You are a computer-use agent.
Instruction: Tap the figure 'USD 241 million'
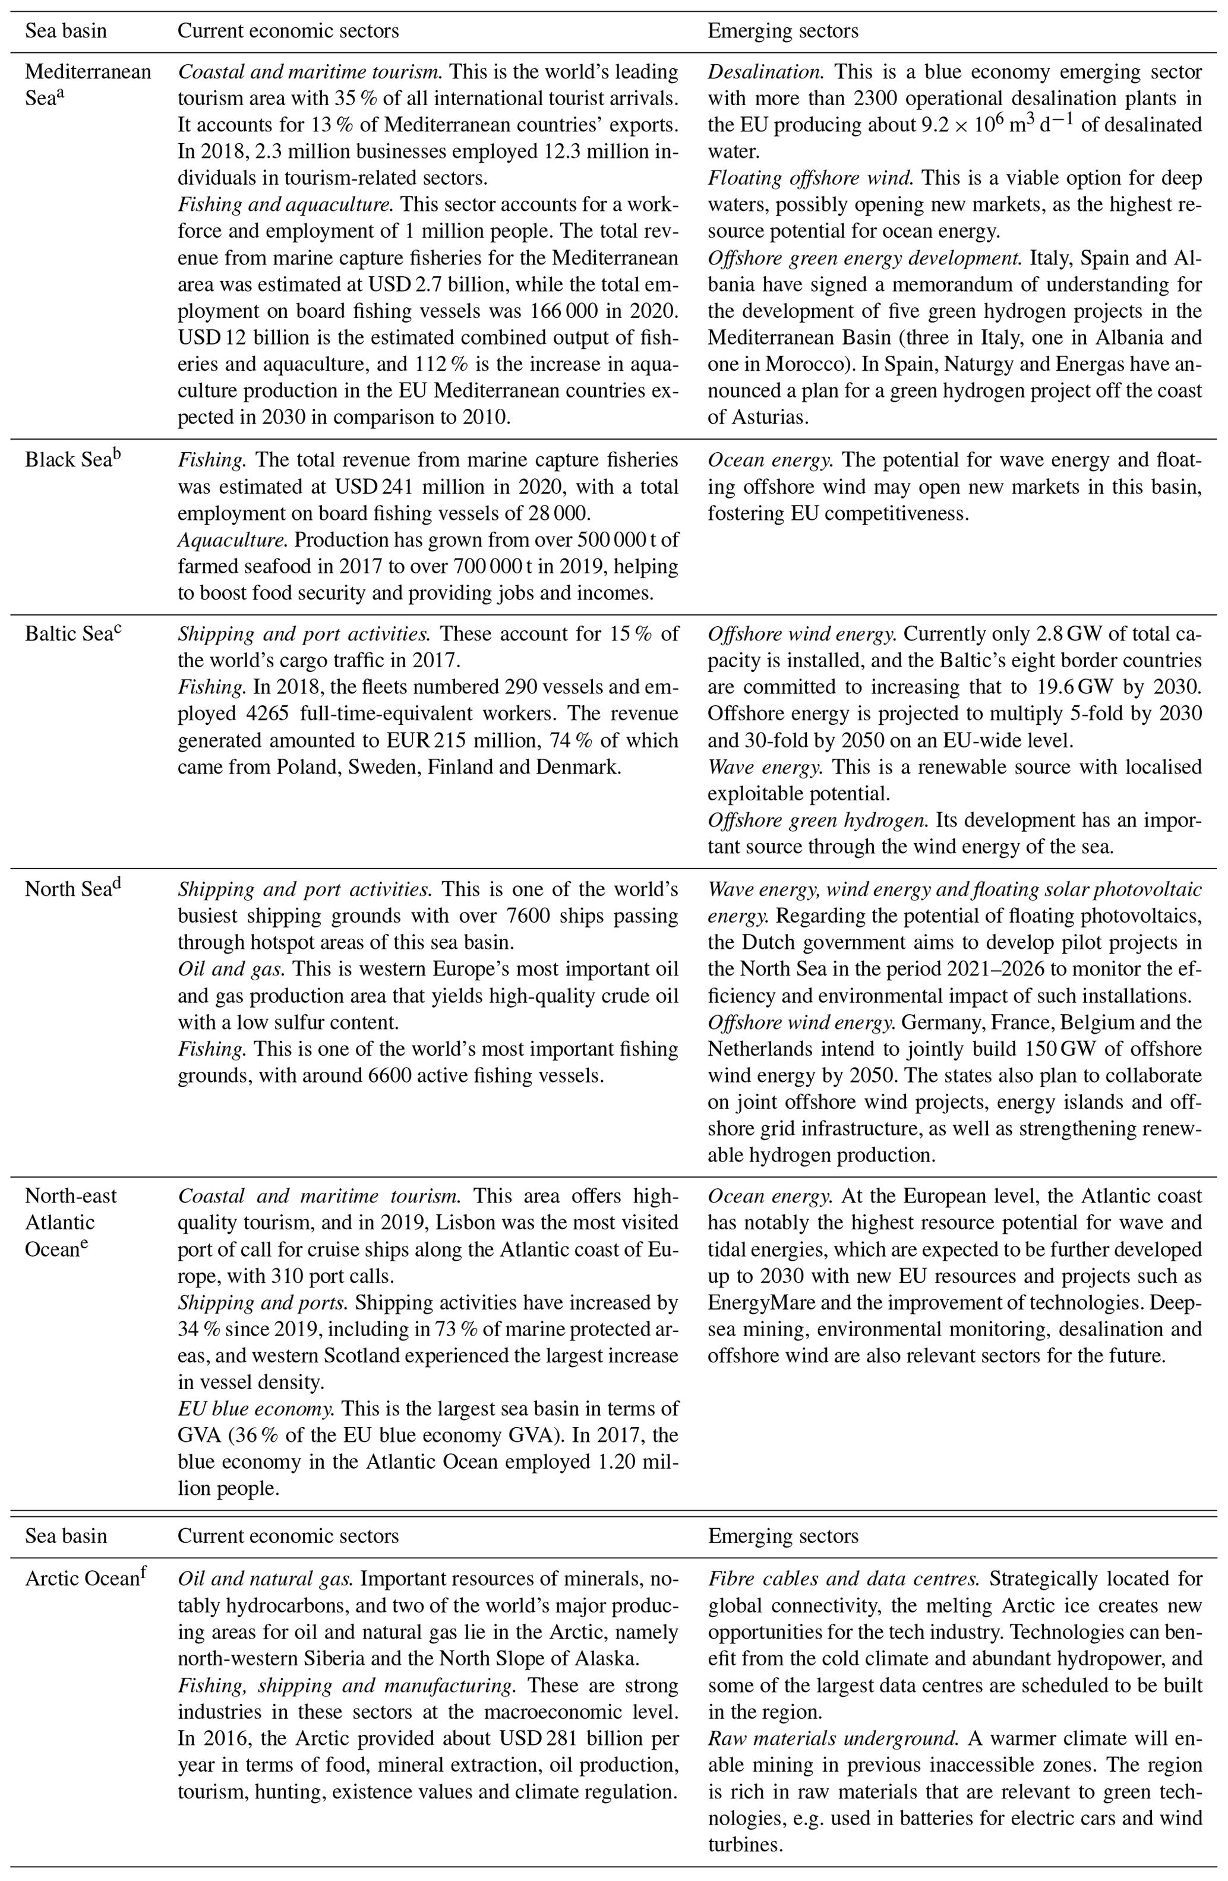431,487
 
